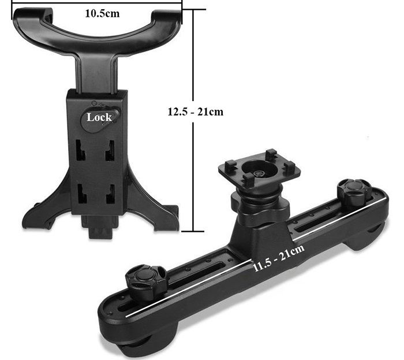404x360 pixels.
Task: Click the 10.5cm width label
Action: point(102,13)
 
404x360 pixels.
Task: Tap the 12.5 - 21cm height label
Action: point(195,112)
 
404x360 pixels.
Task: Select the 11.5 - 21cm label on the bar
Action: point(279,257)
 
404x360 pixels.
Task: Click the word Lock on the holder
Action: point(99,117)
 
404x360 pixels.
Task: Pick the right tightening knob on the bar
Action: point(354,190)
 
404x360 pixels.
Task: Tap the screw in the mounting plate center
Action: point(258,174)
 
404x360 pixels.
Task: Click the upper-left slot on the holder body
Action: point(80,150)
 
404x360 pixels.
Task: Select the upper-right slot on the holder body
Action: point(110,150)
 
